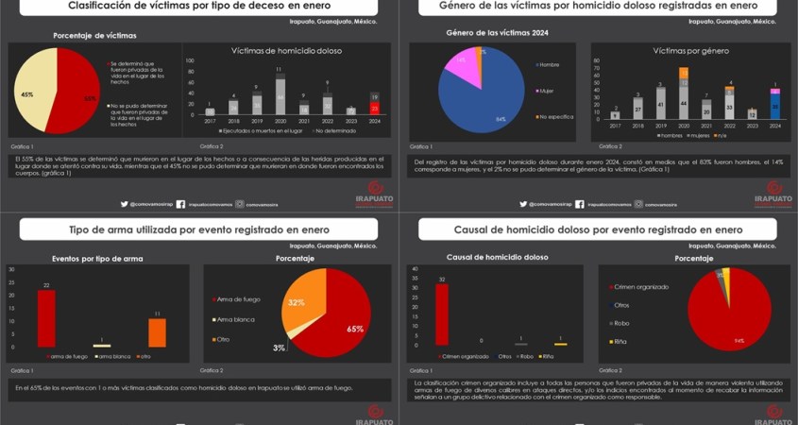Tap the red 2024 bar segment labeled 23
[x=375, y=109]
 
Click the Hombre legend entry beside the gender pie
[x=550, y=64]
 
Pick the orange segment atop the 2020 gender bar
[x=683, y=73]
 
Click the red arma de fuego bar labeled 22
[x=46, y=318]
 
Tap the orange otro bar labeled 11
[x=157, y=332]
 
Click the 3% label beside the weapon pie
[x=279, y=348]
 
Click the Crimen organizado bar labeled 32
[x=442, y=314]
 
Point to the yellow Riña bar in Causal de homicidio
[x=560, y=344]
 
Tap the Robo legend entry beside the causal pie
[x=621, y=323]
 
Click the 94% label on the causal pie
[x=739, y=341]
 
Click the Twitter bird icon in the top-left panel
[x=124, y=204]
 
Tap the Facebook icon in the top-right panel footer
[x=578, y=204]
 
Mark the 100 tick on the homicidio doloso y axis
[x=191, y=59]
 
